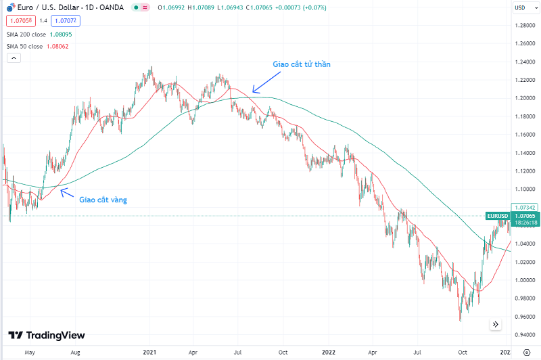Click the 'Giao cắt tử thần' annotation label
(x=301, y=64)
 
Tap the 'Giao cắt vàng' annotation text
(x=103, y=200)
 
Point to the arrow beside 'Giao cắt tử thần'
(x=263, y=83)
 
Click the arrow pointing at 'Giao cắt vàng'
(x=67, y=194)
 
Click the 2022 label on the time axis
(x=329, y=353)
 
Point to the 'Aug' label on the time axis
(x=75, y=353)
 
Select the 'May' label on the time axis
(x=29, y=353)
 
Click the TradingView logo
(x=47, y=335)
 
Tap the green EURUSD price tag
(x=496, y=216)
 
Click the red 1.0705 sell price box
(x=18, y=20)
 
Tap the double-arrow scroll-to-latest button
(x=496, y=324)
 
